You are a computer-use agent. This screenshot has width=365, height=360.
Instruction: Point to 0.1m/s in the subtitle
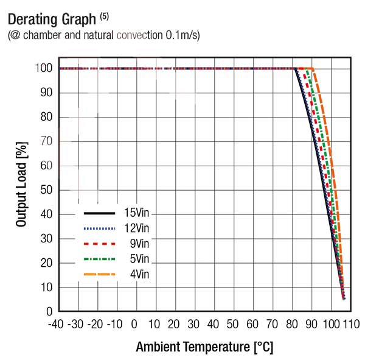(x=182, y=35)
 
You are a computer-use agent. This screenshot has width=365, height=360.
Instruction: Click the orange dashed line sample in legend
(x=99, y=275)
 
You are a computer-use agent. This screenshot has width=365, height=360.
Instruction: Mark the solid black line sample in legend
(x=99, y=214)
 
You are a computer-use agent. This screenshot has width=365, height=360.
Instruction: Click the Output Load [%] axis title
(x=22, y=189)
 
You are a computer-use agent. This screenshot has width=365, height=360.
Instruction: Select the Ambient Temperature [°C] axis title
(x=204, y=347)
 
